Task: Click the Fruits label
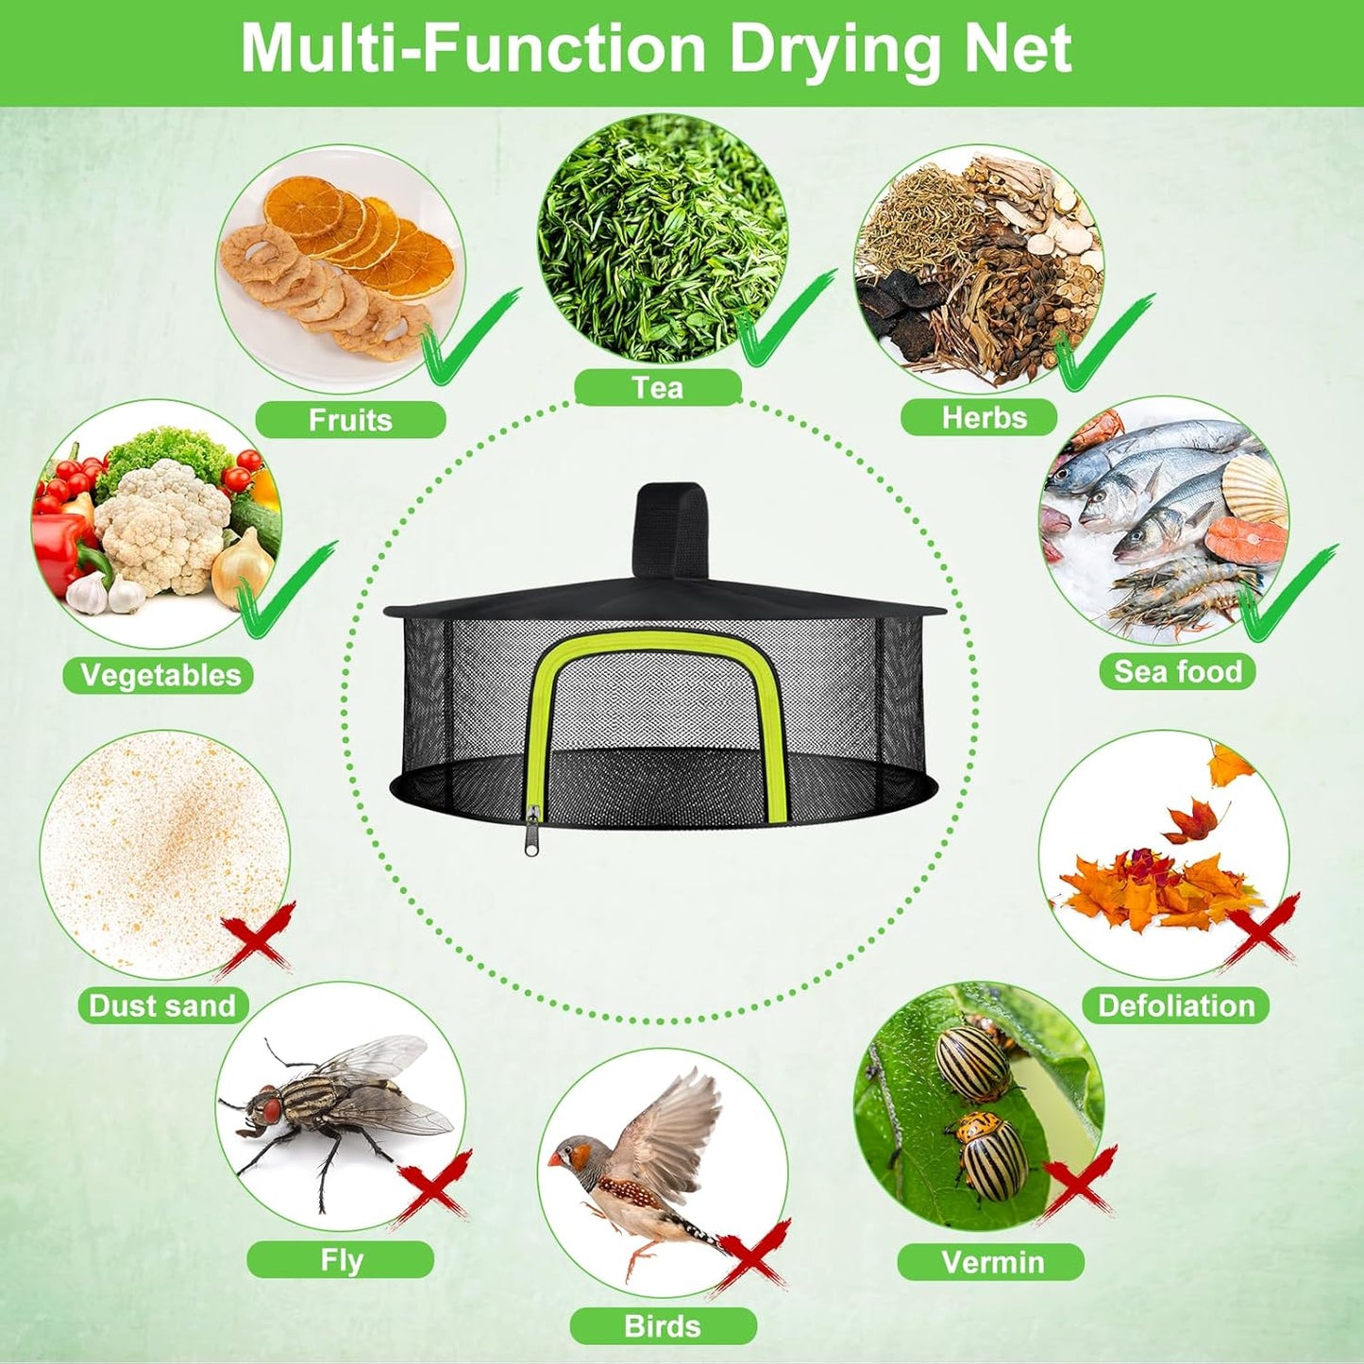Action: pyautogui.click(x=350, y=419)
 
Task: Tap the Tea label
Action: pyautogui.click(x=658, y=387)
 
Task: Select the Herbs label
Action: pyautogui.click(x=984, y=417)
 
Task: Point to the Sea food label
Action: pyautogui.click(x=1177, y=671)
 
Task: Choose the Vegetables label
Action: pyautogui.click(x=160, y=675)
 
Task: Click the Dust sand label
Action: pyautogui.click(x=161, y=1005)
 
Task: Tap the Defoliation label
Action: pyautogui.click(x=1176, y=1005)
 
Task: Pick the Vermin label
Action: pyautogui.click(x=992, y=1262)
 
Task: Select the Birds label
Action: pyautogui.click(x=663, y=1326)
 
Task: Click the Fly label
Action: pyautogui.click(x=341, y=1260)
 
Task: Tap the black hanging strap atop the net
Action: pyautogui.click(x=672, y=529)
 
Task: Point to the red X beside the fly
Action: pyautogui.click(x=433, y=1187)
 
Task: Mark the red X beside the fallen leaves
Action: pyautogui.click(x=1259, y=930)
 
